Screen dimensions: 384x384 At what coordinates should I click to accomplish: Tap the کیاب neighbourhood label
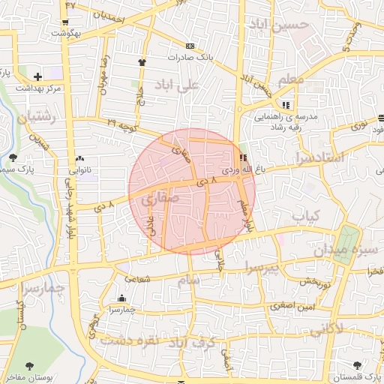click(x=306, y=216)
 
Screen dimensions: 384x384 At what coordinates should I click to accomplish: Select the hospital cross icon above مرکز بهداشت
click(x=37, y=76)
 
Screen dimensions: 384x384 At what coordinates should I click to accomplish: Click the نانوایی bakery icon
click(x=79, y=159)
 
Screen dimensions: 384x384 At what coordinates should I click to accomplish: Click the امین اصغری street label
click(x=293, y=307)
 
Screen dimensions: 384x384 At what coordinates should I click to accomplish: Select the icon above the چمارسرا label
click(x=121, y=298)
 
